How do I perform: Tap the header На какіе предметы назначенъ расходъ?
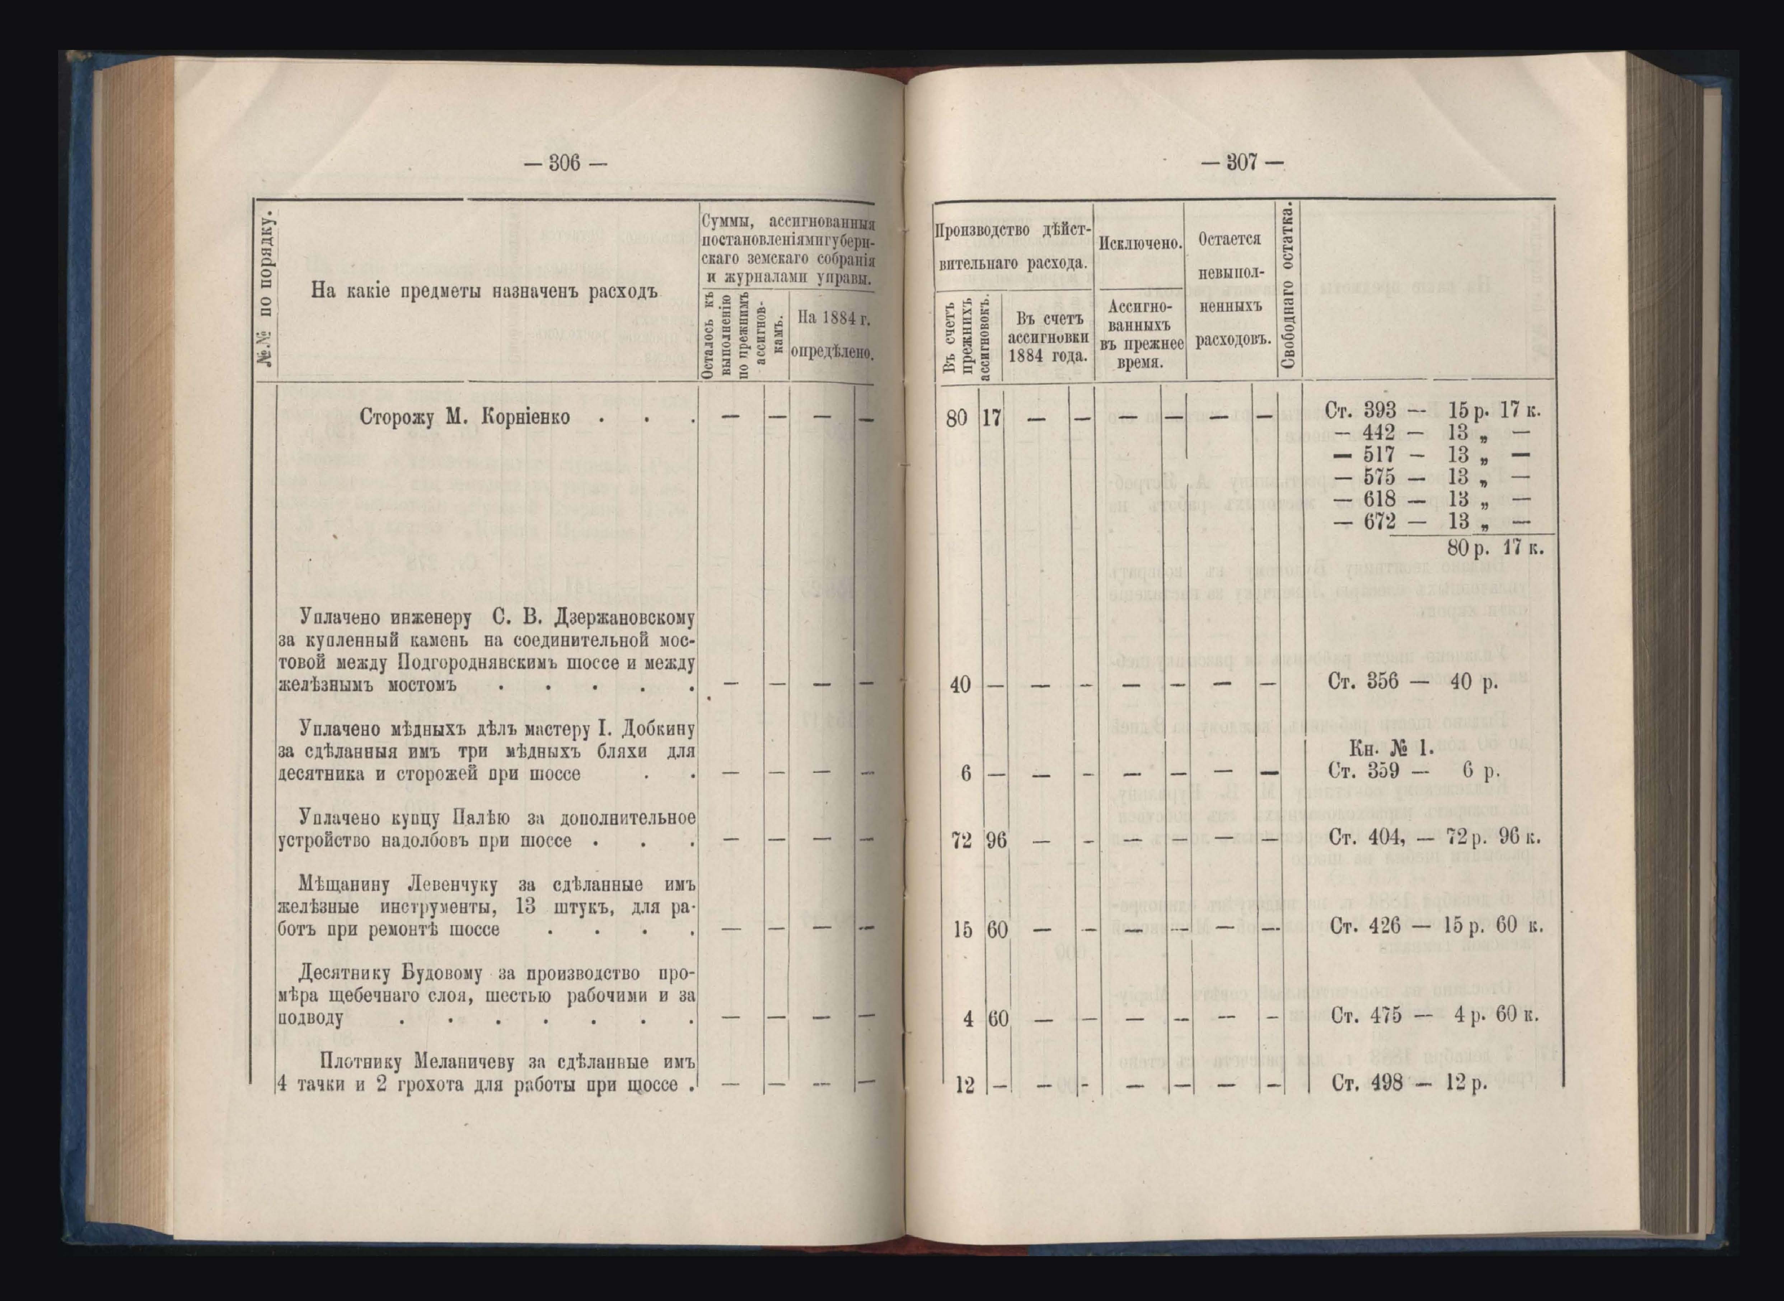483,291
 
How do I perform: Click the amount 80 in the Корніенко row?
956,417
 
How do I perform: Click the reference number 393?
1379,410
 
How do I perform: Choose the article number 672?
1379,520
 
